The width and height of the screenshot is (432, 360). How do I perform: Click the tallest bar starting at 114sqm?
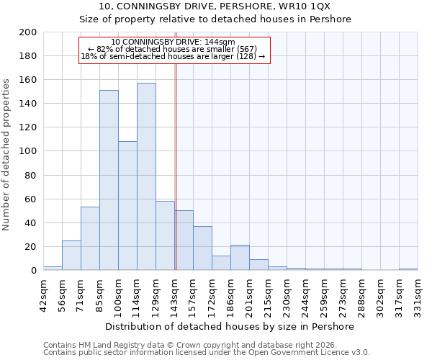146,176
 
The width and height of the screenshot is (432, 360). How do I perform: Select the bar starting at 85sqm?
109,180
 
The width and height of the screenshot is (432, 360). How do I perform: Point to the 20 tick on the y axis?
30,246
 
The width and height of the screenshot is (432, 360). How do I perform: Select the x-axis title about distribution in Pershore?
230,326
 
